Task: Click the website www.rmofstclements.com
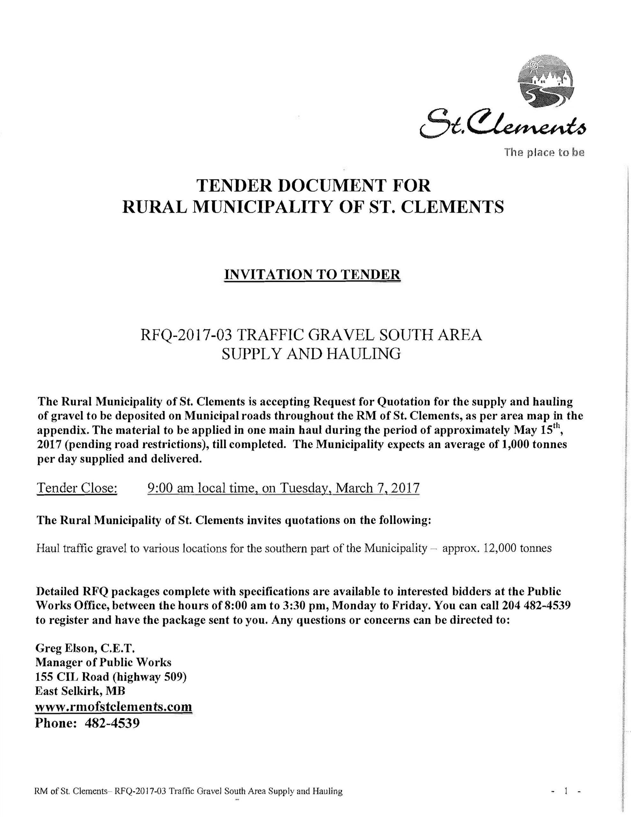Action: tap(113, 707)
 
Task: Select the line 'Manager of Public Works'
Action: tap(103, 662)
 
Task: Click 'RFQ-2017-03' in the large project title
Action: tap(185, 335)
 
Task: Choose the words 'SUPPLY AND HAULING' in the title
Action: tap(311, 354)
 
